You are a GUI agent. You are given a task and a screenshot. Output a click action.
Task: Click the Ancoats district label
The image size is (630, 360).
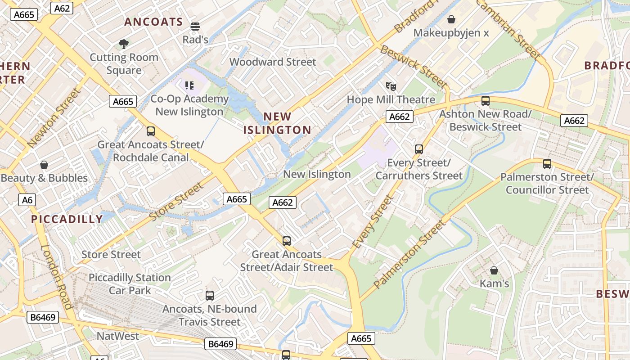153,22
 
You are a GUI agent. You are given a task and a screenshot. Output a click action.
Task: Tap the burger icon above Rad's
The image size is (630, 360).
195,26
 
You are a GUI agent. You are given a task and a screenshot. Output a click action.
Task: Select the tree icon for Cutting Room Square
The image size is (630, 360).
124,44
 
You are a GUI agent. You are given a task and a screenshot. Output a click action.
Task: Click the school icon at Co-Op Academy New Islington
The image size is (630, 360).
189,85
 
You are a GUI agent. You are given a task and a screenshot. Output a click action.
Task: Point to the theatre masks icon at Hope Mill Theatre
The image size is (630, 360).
391,85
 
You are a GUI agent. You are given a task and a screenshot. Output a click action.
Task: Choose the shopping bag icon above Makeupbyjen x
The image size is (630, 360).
451,19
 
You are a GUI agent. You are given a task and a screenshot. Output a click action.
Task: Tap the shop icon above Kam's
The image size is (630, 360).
494,270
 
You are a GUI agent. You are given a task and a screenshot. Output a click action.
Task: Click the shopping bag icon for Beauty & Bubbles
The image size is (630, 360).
44,165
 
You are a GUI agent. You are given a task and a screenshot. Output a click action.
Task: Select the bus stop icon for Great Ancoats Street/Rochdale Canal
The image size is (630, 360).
150,131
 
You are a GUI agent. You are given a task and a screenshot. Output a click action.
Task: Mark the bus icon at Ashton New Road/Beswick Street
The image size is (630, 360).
485,101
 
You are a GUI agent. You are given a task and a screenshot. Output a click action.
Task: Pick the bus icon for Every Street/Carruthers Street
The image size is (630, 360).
418,149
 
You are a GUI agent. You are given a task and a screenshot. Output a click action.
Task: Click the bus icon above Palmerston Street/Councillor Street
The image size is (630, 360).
547,164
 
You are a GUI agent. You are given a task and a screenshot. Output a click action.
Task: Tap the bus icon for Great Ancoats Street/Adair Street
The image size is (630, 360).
286,241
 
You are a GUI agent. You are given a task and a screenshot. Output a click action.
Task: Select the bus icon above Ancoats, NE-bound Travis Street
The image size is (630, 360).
209,296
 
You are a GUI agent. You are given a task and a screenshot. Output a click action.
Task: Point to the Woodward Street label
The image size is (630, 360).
273,62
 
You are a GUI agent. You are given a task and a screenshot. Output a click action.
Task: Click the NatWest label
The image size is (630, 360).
118,336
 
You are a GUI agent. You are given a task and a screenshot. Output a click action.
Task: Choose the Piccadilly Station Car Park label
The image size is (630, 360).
130,284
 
